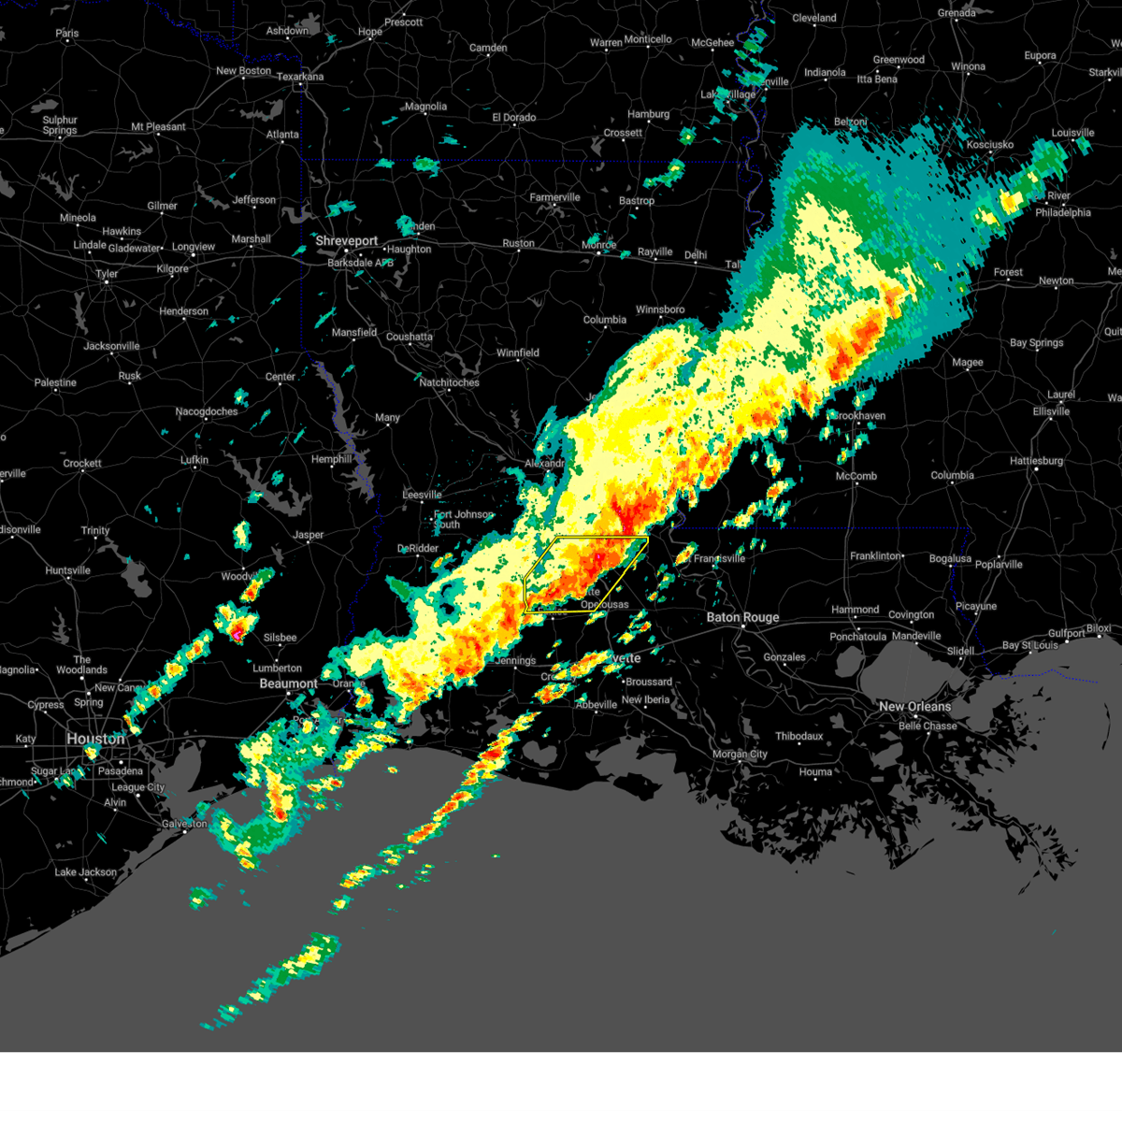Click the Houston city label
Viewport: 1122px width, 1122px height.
coord(95,739)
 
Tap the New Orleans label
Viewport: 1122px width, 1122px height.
coord(914,707)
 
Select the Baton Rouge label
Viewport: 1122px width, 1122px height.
coord(742,617)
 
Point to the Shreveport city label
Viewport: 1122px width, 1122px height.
coord(346,241)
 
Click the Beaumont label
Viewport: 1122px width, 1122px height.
coord(288,684)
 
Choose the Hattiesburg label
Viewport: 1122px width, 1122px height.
coord(1036,461)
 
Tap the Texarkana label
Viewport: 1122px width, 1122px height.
coord(300,77)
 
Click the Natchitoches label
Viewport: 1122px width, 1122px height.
coord(449,382)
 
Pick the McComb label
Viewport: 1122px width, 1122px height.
coord(856,476)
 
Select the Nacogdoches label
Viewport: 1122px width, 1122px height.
coord(208,411)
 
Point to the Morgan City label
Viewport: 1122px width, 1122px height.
coord(740,754)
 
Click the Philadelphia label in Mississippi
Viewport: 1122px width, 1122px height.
coord(1063,212)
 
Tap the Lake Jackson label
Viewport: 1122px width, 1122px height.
coord(86,872)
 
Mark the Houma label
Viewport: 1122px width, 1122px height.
coord(815,771)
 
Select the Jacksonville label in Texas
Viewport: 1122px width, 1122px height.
coord(111,346)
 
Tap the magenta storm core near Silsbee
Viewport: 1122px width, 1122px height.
coord(238,634)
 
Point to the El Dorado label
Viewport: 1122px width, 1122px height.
coord(514,118)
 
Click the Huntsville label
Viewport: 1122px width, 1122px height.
coord(67,570)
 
